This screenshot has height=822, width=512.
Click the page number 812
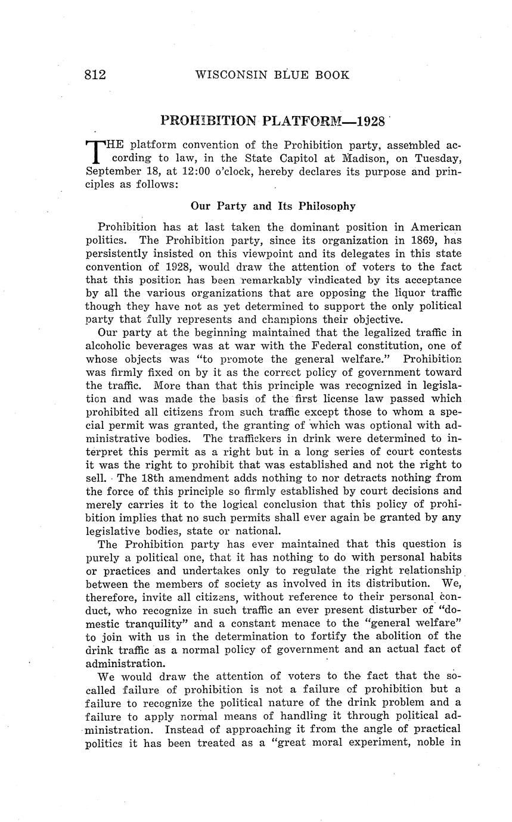[x=95, y=75]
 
